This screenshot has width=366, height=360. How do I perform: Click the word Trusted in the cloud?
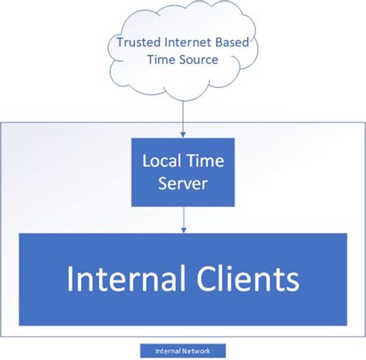point(137,42)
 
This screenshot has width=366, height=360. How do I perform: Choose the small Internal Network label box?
point(183,349)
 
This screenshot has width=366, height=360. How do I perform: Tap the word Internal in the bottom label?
point(168,349)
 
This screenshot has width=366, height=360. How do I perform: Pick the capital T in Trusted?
point(119,42)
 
